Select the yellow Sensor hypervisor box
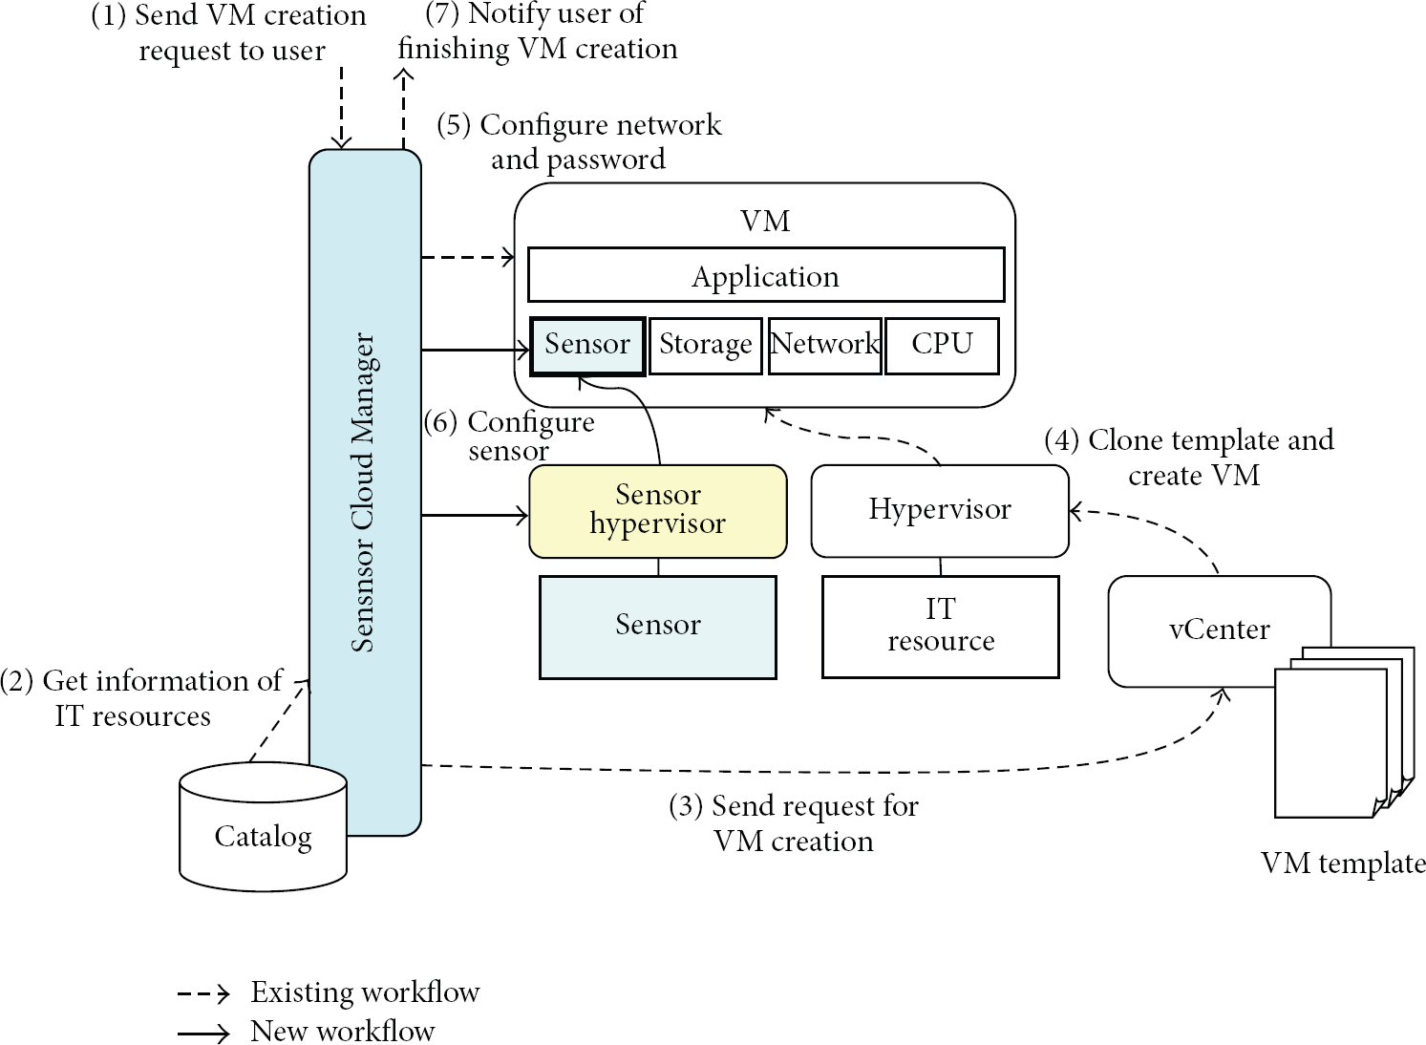658,511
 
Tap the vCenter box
1219,630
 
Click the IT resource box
940,628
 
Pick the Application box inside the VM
766,275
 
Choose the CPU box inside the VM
942,346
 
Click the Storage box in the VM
706,346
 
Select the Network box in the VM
825,346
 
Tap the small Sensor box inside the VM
587,346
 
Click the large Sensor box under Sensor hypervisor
658,628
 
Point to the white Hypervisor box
940,511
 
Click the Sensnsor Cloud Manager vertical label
363,492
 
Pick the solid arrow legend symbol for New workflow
203,1033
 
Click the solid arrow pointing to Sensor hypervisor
475,515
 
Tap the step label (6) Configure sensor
509,437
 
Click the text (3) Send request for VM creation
794,822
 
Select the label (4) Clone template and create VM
1189,458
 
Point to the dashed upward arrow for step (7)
404,109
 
